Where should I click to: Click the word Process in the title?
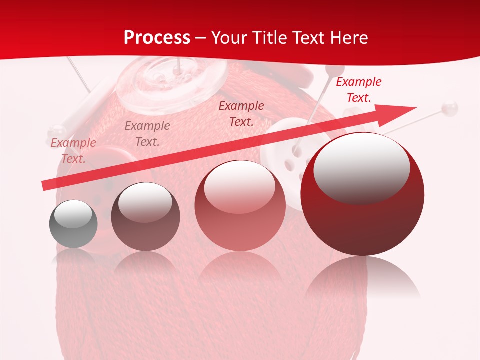157,37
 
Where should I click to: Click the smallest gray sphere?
73,224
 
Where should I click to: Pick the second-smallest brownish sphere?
145,216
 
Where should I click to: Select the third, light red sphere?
240,205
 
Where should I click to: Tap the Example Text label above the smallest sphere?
73,150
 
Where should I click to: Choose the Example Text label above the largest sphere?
358,90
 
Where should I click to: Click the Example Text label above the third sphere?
241,113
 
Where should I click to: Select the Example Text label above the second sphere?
147,133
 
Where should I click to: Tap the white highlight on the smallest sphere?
73,213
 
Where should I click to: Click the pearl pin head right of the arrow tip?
450,106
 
